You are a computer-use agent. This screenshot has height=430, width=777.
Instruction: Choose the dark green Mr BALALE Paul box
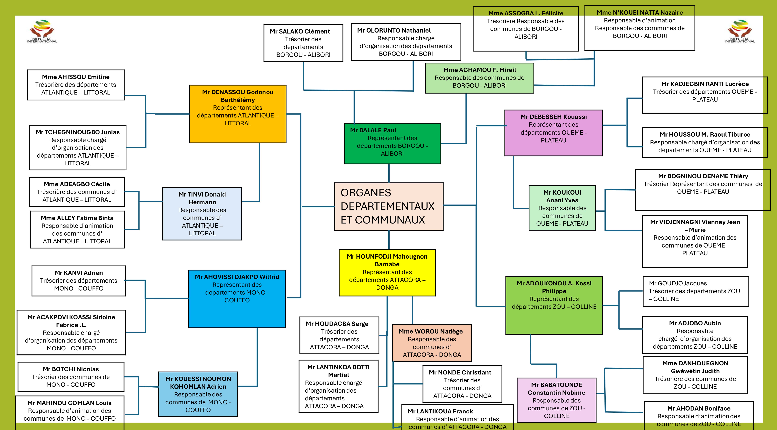(x=392, y=143)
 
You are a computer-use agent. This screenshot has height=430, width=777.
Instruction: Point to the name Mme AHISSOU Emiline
(x=76, y=77)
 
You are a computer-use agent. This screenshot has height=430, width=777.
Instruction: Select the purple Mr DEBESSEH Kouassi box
(x=553, y=133)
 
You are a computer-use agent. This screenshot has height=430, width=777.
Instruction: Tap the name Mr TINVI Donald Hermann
(x=202, y=198)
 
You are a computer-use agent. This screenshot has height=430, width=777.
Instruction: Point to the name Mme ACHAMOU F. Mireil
(x=480, y=70)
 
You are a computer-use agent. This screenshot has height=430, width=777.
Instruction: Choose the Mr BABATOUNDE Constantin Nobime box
(x=557, y=400)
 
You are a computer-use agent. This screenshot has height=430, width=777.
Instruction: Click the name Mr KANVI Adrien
(x=79, y=273)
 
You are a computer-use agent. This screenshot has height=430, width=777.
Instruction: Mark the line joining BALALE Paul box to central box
(x=389, y=173)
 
